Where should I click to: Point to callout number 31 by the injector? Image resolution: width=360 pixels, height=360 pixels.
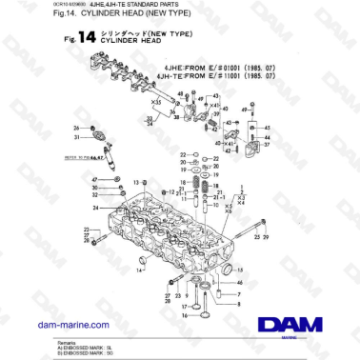[x=77, y=137]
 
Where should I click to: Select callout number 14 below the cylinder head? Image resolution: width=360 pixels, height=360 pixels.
[x=140, y=270]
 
